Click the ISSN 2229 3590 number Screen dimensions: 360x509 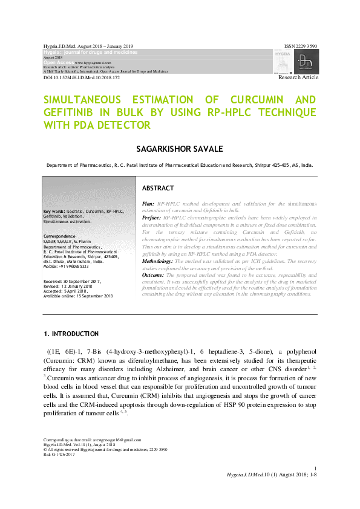[301, 46]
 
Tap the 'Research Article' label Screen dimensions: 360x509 [298, 78]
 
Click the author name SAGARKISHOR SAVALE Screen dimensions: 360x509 [180, 148]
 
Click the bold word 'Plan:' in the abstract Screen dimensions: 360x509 [148, 205]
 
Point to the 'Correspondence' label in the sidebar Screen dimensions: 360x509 [59, 236]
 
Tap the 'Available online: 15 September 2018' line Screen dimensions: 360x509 [78, 296]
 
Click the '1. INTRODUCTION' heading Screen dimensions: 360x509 [71, 334]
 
